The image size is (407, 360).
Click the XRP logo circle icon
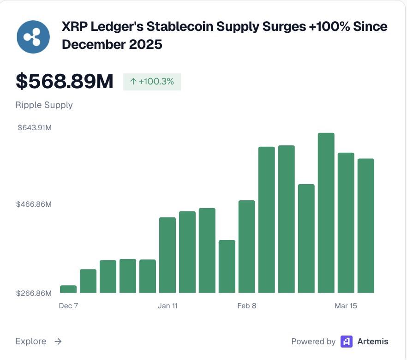pyautogui.click(x=33, y=36)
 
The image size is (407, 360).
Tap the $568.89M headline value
pyautogui.click(x=64, y=82)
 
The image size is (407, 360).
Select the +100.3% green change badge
pyautogui.click(x=152, y=82)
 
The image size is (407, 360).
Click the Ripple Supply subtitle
pyautogui.click(x=44, y=105)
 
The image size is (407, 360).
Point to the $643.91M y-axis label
pyautogui.click(x=35, y=128)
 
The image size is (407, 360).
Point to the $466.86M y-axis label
pyautogui.click(x=35, y=204)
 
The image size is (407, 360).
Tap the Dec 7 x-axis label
pyautogui.click(x=69, y=306)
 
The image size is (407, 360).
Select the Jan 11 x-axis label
pyautogui.click(x=168, y=306)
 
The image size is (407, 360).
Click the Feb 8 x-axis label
pyautogui.click(x=247, y=306)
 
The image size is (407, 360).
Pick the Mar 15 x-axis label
pyautogui.click(x=346, y=306)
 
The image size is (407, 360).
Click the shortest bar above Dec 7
pyautogui.click(x=68, y=289)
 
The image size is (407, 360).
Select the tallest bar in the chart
pyautogui.click(x=326, y=213)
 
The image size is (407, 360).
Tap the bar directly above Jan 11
pyautogui.click(x=168, y=255)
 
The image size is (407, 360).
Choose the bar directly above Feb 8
pyautogui.click(x=247, y=246)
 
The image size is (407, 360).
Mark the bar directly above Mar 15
pyautogui.click(x=346, y=222)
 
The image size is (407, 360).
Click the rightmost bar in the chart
pyautogui.click(x=366, y=226)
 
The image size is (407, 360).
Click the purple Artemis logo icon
pyautogui.click(x=347, y=342)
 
